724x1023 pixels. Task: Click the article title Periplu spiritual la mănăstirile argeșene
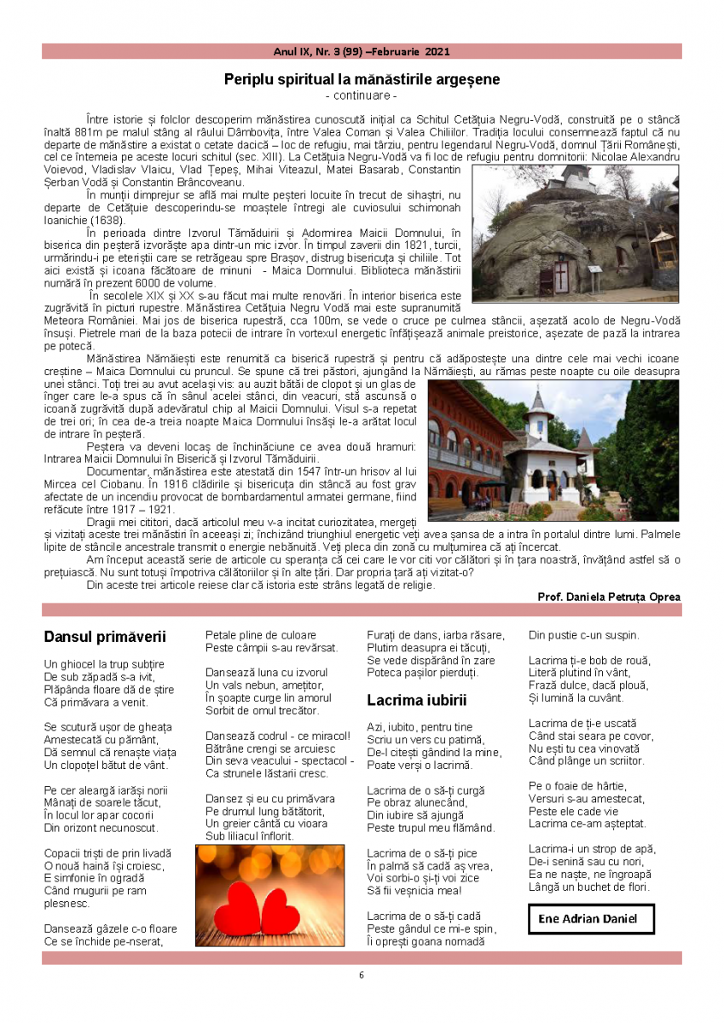click(362, 79)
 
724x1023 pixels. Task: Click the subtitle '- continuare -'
click(362, 95)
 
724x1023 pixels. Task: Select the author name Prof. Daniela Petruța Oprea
click(609, 597)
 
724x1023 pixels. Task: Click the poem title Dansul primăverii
click(104, 637)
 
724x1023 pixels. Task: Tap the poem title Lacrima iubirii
click(417, 701)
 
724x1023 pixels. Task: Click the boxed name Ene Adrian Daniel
click(590, 920)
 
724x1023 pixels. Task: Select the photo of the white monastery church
click(553, 450)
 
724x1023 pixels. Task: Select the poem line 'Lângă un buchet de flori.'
click(589, 887)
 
